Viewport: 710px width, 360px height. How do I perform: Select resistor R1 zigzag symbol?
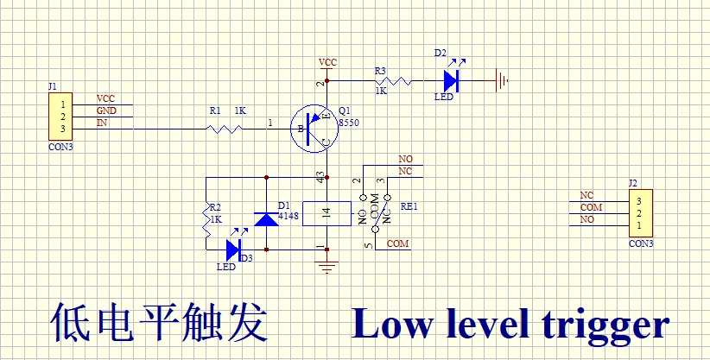222,129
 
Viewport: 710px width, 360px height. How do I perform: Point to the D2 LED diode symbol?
449,80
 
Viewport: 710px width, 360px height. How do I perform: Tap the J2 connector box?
640,212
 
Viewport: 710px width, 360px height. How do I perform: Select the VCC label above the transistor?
328,63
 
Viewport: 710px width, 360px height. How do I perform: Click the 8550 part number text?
348,123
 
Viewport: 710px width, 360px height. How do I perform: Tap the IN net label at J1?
102,123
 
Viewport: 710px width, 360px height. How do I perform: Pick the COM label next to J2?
591,208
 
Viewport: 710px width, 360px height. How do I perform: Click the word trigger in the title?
605,325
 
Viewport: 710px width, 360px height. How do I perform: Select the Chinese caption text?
159,324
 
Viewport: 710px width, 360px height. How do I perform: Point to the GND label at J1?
106,111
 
